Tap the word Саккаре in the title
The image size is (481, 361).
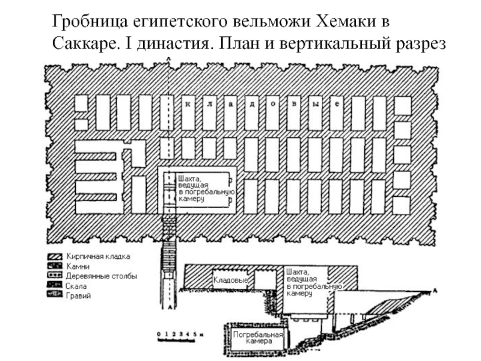pyautogui.click(x=84, y=44)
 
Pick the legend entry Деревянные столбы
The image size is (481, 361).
pyautogui.click(x=101, y=276)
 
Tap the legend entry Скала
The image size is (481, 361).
pyautogui.click(x=76, y=286)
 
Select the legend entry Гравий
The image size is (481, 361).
pyautogui.click(x=78, y=296)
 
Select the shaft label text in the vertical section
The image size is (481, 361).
pyautogui.click(x=307, y=282)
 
